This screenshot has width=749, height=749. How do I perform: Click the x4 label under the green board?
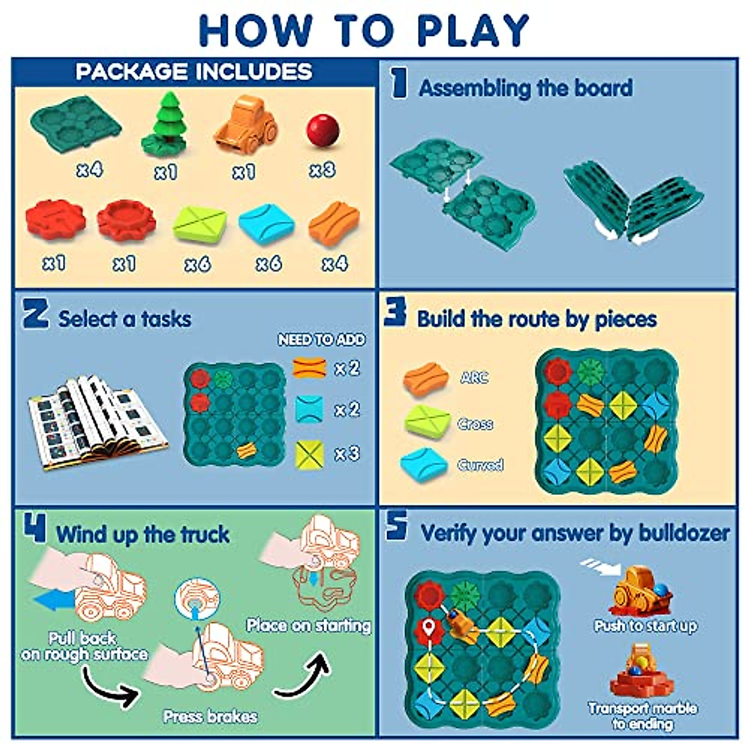[x=89, y=169]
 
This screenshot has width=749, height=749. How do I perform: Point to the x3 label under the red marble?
[x=322, y=170]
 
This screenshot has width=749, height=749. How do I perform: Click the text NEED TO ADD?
[x=322, y=340]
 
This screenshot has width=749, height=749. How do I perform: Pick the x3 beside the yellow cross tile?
[x=348, y=453]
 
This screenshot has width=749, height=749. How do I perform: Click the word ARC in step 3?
[x=474, y=378]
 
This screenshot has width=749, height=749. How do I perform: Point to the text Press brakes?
[x=210, y=716]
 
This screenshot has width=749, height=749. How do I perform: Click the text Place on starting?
[x=308, y=625]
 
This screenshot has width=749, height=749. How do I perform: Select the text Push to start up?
[x=645, y=625]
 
